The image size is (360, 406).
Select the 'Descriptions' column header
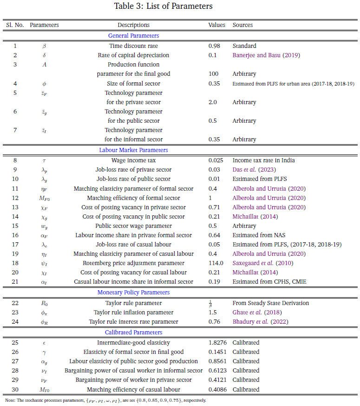[x=133, y=25]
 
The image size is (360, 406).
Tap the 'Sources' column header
[x=242, y=25]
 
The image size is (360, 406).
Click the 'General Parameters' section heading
[x=133, y=36]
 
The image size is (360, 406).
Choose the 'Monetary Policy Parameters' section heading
[x=133, y=293]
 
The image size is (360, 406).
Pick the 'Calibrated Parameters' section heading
[x=133, y=332]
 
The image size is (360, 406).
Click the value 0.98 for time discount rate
[x=214, y=46]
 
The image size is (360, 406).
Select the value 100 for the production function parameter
[x=213, y=74]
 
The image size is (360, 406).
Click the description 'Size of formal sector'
[x=133, y=83]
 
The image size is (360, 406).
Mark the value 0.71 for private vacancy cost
[x=214, y=207]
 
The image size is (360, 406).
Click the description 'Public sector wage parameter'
[x=133, y=226]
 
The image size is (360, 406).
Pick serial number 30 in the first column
[x=15, y=389]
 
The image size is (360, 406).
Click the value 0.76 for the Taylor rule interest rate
[x=214, y=322]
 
